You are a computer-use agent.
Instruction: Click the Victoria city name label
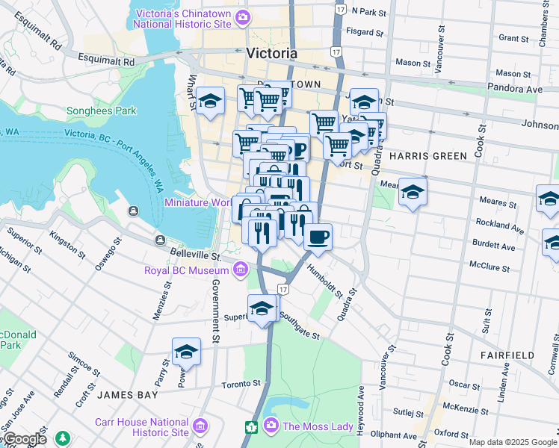coord(271,54)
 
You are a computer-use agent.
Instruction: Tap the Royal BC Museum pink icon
coord(241,269)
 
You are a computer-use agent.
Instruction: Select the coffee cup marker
coord(318,237)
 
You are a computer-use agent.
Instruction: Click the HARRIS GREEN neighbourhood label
coord(427,155)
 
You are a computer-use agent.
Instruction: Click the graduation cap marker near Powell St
coord(187,352)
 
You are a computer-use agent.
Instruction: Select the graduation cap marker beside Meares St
coord(413,193)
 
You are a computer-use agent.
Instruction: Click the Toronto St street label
coord(241,385)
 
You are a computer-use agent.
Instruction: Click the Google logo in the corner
coord(24,439)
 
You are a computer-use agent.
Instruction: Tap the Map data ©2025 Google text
coord(513,442)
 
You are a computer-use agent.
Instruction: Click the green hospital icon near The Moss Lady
coord(252,427)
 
